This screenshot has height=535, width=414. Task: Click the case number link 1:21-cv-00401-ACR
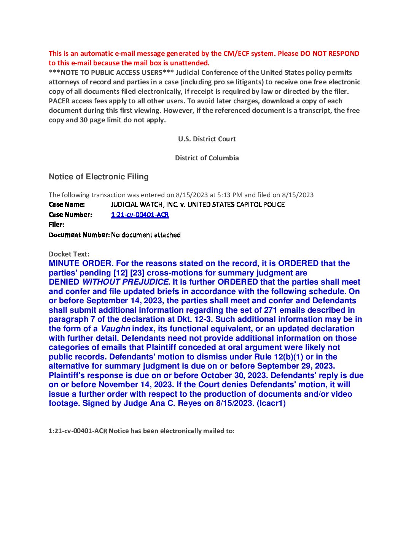[140, 215]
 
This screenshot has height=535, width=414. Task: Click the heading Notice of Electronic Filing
[99, 177]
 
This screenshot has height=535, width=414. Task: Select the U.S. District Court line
[207, 139]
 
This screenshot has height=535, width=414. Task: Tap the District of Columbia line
[207, 158]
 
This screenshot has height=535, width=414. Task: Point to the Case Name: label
[67, 204]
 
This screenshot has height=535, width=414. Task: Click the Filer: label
[56, 225]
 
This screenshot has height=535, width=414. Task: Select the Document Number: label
[79, 235]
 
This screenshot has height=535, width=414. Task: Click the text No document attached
[146, 235]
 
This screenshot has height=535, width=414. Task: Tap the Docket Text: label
[69, 254]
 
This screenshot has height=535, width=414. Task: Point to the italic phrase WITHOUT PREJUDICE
[125, 282]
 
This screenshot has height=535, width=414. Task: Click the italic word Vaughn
[115, 329]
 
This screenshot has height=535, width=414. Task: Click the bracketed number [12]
[120, 273]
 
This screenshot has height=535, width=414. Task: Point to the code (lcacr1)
[271, 403]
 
